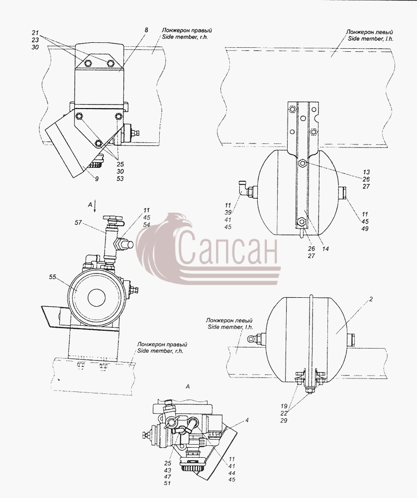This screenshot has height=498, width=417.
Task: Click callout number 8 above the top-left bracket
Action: pos(146,30)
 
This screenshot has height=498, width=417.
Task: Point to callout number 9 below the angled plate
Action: pos(97,179)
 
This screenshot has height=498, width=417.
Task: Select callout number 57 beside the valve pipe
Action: pos(78,223)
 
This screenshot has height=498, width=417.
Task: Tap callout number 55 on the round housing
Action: pos(52,277)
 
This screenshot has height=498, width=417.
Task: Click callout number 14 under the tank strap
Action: pos(325,249)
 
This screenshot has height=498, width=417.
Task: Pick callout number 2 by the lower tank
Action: pos(371,299)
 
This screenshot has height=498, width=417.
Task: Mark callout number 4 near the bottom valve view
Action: pos(247,420)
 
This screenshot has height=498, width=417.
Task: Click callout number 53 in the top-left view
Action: pos(120,178)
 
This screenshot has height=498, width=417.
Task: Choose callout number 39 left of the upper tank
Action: pos(228,213)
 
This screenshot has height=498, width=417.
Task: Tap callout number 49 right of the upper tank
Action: pos(365,229)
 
